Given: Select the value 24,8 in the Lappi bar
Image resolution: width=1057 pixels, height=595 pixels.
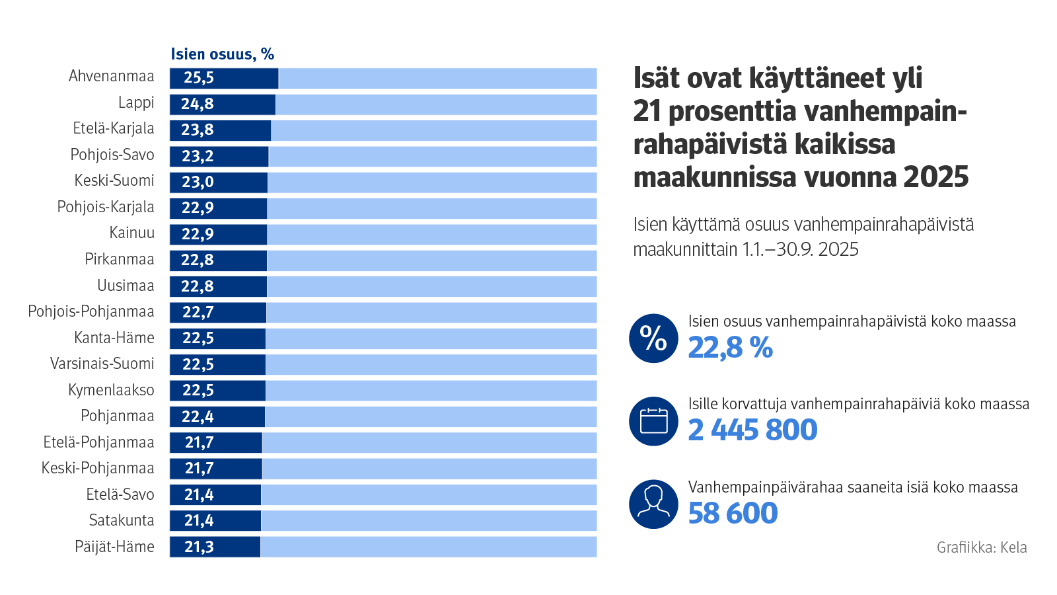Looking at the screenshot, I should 198,104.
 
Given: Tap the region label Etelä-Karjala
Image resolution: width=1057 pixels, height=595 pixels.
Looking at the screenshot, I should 114,129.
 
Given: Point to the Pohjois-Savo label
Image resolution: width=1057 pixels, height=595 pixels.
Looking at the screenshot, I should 112,155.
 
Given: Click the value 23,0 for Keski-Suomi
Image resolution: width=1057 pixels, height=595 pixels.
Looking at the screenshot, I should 198,182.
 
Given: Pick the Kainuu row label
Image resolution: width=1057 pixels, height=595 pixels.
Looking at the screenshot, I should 132,233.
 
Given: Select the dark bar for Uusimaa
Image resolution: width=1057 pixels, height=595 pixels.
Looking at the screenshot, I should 218,286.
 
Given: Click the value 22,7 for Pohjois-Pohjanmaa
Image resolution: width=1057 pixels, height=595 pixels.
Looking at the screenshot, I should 198,312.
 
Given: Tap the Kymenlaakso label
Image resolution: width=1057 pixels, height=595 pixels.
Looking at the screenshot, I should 111,390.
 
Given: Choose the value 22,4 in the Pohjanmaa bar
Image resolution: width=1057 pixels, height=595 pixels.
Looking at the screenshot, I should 198,416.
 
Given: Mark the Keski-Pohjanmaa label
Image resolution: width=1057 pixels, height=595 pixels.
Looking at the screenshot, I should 98,469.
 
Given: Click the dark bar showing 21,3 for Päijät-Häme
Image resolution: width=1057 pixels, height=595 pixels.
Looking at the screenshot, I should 215,547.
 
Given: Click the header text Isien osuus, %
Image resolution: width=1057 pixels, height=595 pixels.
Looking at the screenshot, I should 222,54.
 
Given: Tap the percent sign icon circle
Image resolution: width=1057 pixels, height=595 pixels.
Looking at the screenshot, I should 653,338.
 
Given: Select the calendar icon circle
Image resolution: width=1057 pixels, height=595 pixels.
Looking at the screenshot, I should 653,421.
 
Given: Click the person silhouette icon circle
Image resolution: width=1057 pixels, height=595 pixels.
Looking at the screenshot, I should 653,504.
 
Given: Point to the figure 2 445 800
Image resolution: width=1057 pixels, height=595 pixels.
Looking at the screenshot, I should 752,430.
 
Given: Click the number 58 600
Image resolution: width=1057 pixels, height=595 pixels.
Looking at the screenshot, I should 733,514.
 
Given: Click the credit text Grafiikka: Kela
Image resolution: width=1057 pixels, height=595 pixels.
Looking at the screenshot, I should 981,547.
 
